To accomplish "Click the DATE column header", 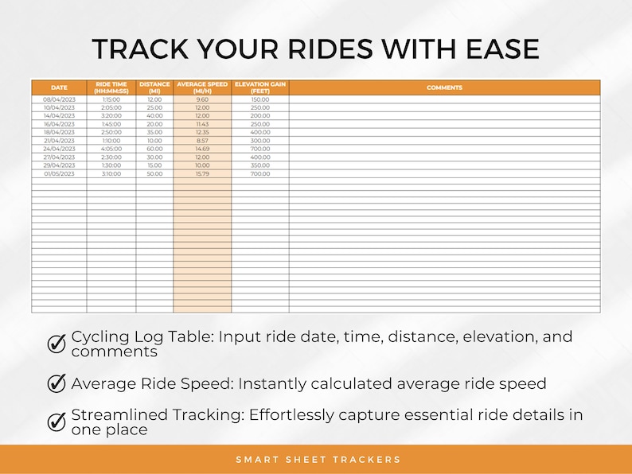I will pyautogui.click(x=59, y=87).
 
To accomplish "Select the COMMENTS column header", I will pyautogui.click(x=444, y=87).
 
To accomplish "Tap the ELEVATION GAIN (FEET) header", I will pyautogui.click(x=259, y=87).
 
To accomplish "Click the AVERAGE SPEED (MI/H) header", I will pyautogui.click(x=202, y=87).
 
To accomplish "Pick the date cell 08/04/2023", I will pyautogui.click(x=59, y=99).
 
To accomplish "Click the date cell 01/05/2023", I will pyautogui.click(x=59, y=173).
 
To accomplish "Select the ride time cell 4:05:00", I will pyautogui.click(x=111, y=149).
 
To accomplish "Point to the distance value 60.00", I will pyautogui.click(x=154, y=149).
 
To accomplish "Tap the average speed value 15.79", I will pyautogui.click(x=202, y=173).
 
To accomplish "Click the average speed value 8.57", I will pyautogui.click(x=202, y=140).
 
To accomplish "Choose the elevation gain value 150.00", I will pyautogui.click(x=259, y=99).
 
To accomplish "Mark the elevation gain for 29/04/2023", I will pyautogui.click(x=259, y=165).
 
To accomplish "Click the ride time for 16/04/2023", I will pyautogui.click(x=111, y=124).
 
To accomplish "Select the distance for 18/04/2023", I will pyautogui.click(x=154, y=132).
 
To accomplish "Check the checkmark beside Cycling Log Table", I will pyautogui.click(x=57, y=343).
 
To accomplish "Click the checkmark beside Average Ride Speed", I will pyautogui.click(x=57, y=383).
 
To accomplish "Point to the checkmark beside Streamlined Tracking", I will pyautogui.click(x=57, y=422).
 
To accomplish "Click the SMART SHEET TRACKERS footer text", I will pyautogui.click(x=318, y=460).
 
